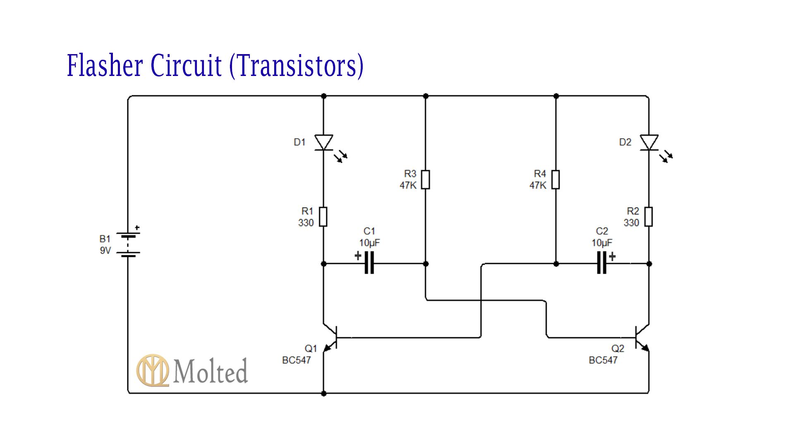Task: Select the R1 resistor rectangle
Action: pyautogui.click(x=323, y=217)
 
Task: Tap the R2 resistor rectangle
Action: pyautogui.click(x=648, y=217)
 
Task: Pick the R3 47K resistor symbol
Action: pyautogui.click(x=426, y=180)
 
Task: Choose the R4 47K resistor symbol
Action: pyautogui.click(x=556, y=180)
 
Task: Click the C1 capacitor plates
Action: pyautogui.click(x=369, y=263)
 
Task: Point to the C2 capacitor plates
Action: pyautogui.click(x=602, y=263)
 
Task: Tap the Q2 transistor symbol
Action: pyautogui.click(x=641, y=337)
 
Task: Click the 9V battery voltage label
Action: pyautogui.click(x=105, y=251)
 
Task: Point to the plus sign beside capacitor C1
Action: pyautogui.click(x=358, y=256)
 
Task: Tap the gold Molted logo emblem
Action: pyautogui.click(x=153, y=370)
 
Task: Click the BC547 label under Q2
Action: pyautogui.click(x=603, y=360)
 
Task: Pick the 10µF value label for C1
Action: pyautogui.click(x=369, y=243)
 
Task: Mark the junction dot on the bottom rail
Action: pyautogui.click(x=323, y=394)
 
